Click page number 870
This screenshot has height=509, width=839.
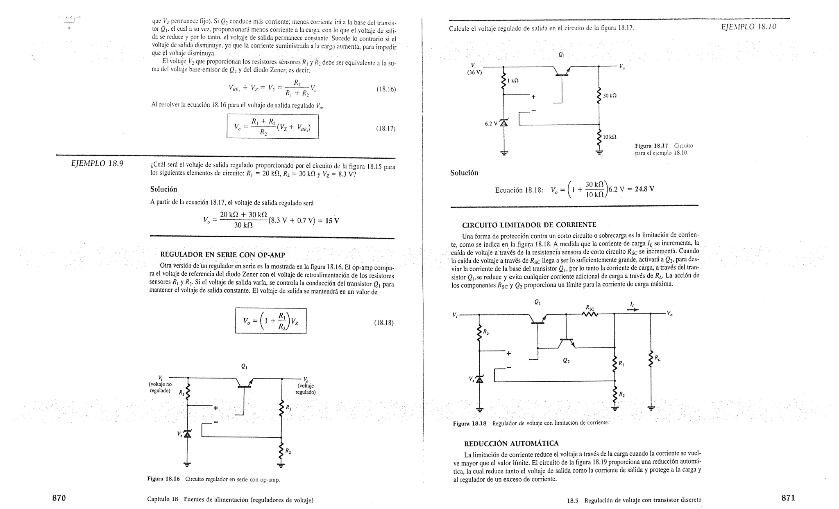click(x=59, y=498)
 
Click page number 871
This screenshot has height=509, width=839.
click(x=788, y=498)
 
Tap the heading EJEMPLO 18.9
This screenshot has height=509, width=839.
click(x=97, y=164)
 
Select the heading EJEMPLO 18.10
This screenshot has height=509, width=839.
click(x=748, y=27)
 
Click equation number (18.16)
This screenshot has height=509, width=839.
click(x=386, y=89)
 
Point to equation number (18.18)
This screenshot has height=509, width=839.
click(x=384, y=323)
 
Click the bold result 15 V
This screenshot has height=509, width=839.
click(x=332, y=221)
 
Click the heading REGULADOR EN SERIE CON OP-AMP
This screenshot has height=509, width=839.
click(x=222, y=255)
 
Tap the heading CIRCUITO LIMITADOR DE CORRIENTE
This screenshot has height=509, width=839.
click(x=529, y=225)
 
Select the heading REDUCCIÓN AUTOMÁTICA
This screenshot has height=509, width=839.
click(x=511, y=444)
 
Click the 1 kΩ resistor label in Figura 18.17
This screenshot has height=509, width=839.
click(x=513, y=81)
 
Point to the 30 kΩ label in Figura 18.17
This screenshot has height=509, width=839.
click(x=610, y=96)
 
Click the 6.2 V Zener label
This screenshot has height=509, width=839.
click(x=491, y=123)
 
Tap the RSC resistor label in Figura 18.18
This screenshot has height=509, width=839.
click(x=590, y=308)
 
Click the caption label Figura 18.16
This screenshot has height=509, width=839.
click(x=163, y=479)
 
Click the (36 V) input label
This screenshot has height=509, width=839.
click(x=475, y=73)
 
